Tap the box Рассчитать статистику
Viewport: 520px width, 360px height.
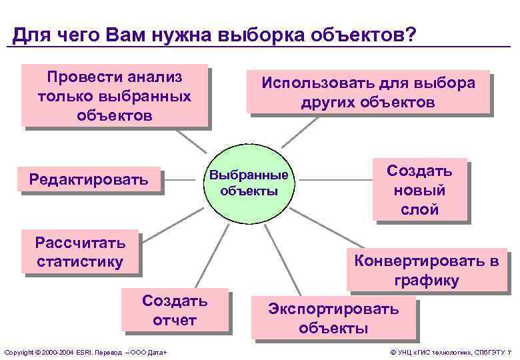[x=79, y=251]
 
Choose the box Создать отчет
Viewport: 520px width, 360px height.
[x=174, y=310]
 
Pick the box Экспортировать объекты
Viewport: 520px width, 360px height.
[x=333, y=318]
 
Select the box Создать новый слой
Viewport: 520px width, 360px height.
[x=419, y=189]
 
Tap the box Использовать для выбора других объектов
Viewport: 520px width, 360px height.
[x=368, y=93]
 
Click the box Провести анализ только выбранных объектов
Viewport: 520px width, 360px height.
[x=114, y=95]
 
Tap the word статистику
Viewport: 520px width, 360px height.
[x=79, y=261]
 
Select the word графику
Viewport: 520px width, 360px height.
[x=426, y=280]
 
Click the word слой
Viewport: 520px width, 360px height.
[x=419, y=209]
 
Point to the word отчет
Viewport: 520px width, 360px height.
[x=175, y=320]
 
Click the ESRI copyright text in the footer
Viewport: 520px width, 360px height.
[x=85, y=351]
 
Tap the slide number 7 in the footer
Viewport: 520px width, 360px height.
[x=509, y=351]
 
